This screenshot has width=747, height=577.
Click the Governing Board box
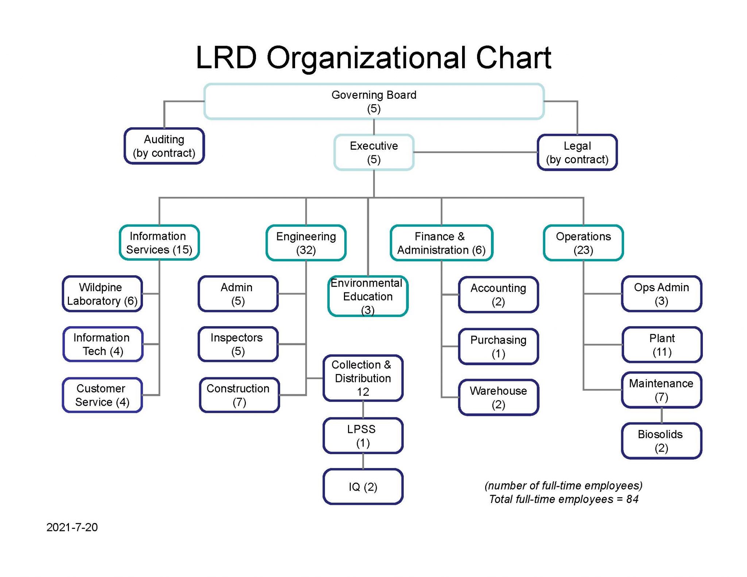(x=374, y=101)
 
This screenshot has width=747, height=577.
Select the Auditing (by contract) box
(x=164, y=146)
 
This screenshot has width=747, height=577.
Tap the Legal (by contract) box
(x=577, y=152)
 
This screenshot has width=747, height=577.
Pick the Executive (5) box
(x=374, y=152)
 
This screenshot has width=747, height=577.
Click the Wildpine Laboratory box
(x=102, y=294)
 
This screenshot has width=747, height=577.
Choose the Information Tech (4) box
(x=102, y=344)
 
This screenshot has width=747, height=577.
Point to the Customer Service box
(x=102, y=395)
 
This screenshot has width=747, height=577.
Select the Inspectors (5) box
(x=238, y=344)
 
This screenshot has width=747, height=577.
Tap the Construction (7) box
(x=239, y=395)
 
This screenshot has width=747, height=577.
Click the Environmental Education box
(x=368, y=296)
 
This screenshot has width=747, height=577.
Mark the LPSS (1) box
(x=363, y=436)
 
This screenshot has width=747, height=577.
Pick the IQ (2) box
(x=363, y=487)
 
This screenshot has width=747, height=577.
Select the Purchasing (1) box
(x=498, y=346)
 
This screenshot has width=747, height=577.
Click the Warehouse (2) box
(x=498, y=397)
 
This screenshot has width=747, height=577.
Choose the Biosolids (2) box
(x=661, y=441)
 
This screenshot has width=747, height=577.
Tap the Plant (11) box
(x=662, y=345)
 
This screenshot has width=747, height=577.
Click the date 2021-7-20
(x=72, y=527)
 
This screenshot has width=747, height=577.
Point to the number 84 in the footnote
(x=632, y=499)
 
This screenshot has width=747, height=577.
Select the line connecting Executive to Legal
(x=475, y=152)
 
